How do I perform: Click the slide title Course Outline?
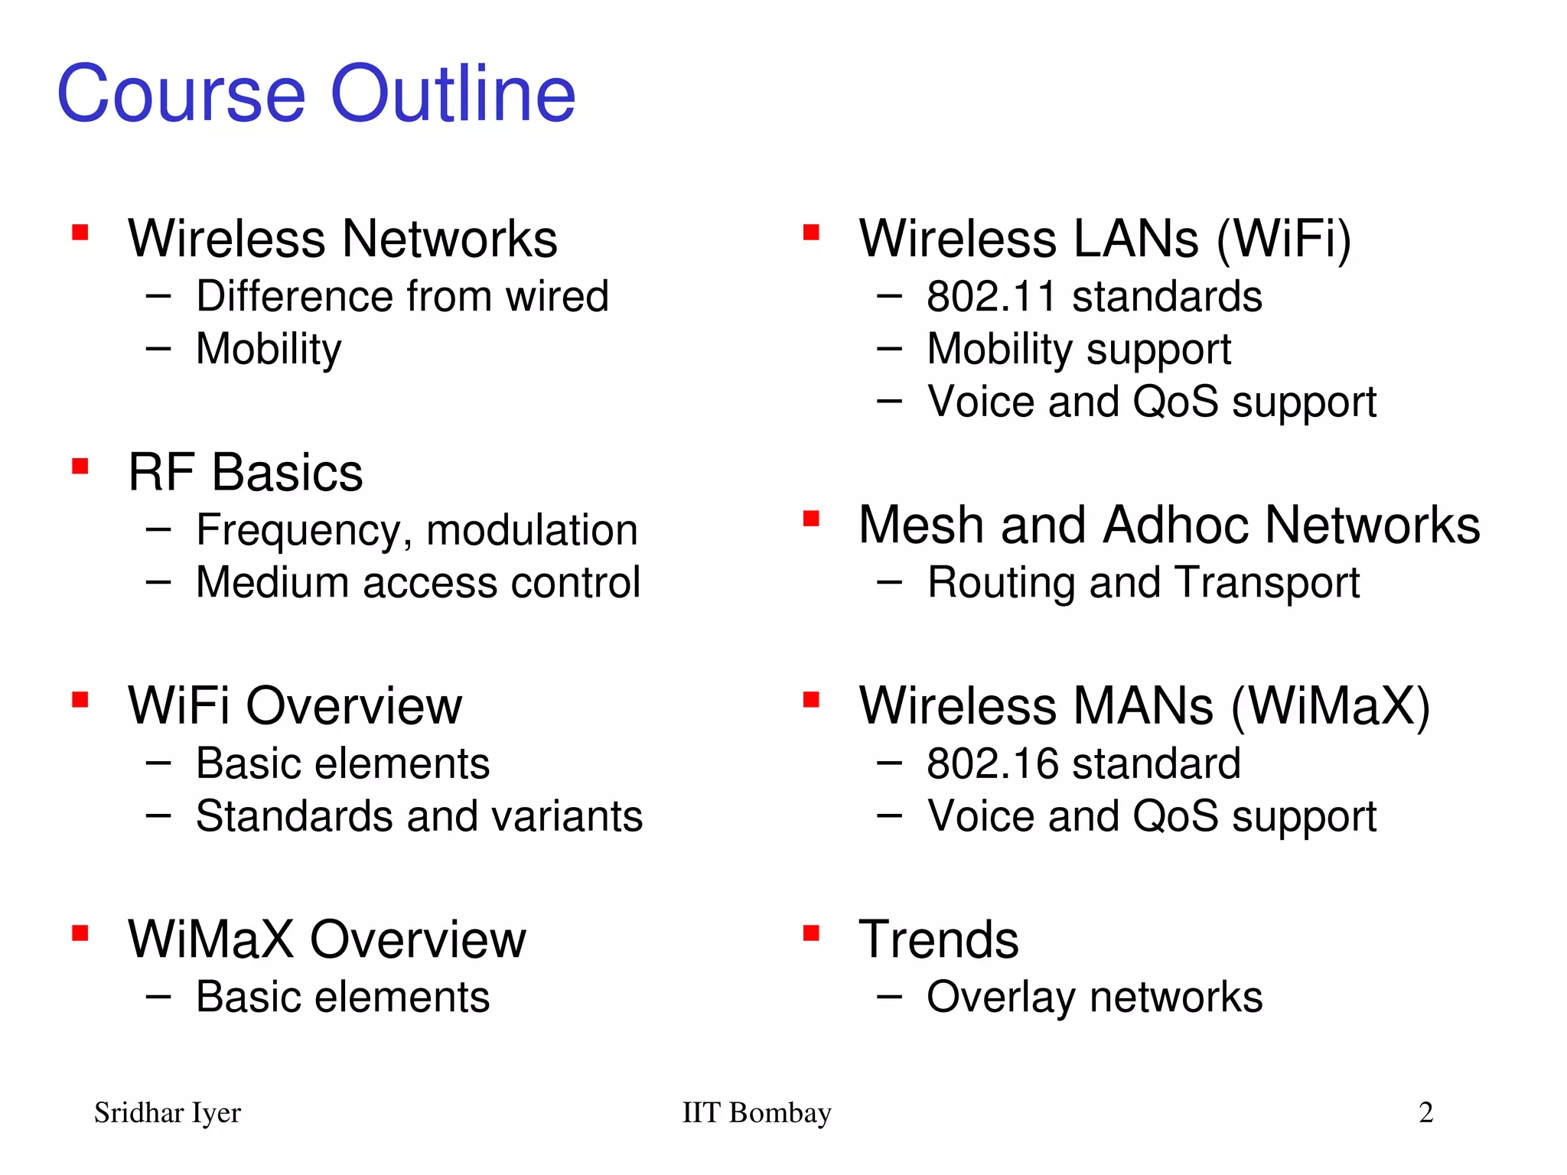point(316,93)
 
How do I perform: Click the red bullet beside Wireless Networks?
point(80,233)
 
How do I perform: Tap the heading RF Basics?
point(245,472)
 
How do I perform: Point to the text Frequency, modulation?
point(417,530)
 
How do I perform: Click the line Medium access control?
point(418,582)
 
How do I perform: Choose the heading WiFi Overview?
point(295,705)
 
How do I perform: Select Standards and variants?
point(419,815)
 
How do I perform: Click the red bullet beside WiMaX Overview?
point(80,933)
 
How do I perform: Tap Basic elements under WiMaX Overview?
point(343,997)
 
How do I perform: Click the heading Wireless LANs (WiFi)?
point(1105,239)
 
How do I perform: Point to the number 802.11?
point(992,297)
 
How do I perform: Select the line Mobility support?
point(1079,350)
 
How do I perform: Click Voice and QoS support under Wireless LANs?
point(1152,402)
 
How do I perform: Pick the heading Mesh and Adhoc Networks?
point(1169,525)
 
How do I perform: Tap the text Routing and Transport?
point(1143,583)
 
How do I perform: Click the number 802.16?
point(992,763)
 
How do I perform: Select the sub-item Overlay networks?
point(1094,997)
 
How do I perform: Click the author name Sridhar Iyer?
point(168,1112)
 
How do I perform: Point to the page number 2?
point(1425,1112)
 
